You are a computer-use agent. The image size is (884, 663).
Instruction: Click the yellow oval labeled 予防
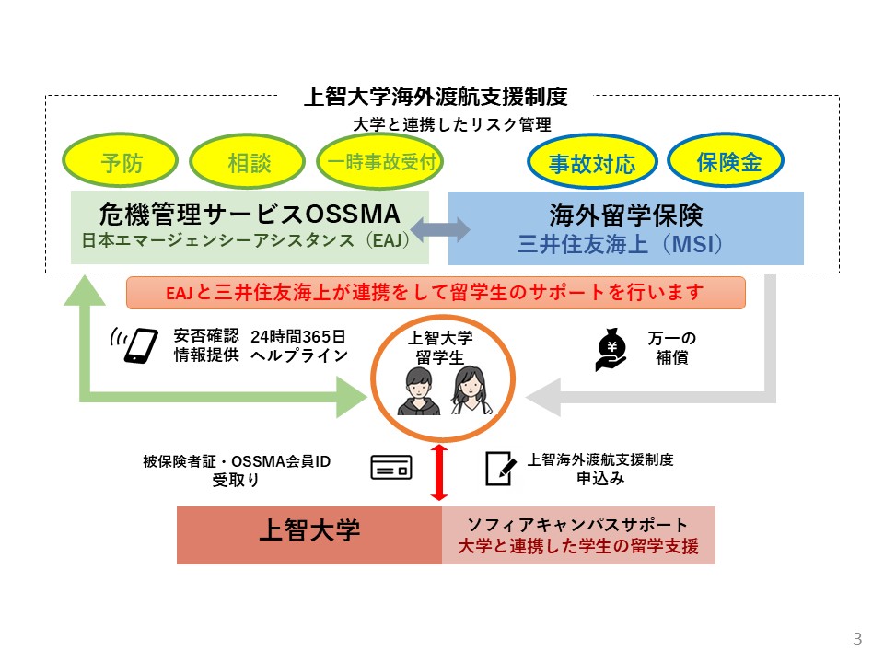(x=122, y=164)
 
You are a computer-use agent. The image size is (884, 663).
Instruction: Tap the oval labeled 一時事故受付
(x=380, y=163)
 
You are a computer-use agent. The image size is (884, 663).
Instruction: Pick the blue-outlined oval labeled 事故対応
(x=592, y=164)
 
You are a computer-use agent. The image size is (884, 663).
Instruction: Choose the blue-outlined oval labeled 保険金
(x=726, y=162)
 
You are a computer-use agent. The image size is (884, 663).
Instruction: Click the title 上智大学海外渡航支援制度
(x=436, y=97)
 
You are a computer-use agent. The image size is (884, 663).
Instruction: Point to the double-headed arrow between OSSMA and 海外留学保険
(x=438, y=228)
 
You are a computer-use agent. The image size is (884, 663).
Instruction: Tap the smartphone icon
(x=138, y=343)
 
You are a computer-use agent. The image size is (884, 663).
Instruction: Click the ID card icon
(x=390, y=469)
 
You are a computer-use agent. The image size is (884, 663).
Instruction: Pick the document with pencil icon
(x=500, y=469)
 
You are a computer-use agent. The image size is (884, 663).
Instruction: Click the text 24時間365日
(x=298, y=334)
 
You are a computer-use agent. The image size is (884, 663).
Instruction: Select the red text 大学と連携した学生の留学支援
(x=578, y=546)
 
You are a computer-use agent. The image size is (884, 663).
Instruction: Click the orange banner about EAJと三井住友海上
(x=436, y=293)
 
